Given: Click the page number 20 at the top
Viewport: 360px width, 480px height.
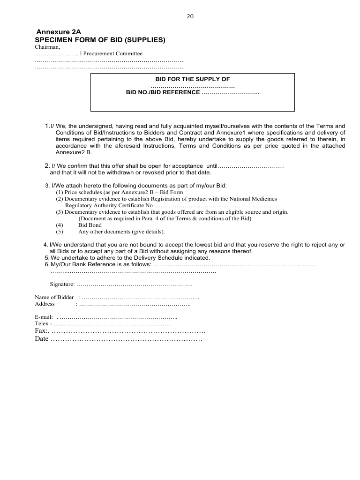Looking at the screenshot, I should coord(190,16).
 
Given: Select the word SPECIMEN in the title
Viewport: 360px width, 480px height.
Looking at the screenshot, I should coord(53,40).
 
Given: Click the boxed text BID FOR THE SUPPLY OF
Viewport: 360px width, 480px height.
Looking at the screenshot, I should coord(193,79).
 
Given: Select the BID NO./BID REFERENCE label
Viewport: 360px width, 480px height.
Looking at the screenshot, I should coord(163,92).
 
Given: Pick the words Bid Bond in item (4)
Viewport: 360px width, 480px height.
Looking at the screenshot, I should coord(90,225).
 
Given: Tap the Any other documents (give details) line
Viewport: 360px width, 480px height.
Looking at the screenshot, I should coord(121,232).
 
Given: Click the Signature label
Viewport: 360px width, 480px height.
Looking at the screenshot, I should coord(62,284).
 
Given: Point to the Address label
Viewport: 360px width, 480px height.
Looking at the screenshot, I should coord(45,304).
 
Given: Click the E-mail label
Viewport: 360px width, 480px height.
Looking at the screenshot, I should coord(44,317).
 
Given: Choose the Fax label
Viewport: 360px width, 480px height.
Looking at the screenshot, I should coord(41,331).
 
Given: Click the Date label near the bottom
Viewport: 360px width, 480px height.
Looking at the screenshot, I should coord(42,338).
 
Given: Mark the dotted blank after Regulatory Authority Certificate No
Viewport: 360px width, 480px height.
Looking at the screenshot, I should coord(218,205).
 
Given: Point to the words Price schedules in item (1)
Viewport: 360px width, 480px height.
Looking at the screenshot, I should coord(81,192).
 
